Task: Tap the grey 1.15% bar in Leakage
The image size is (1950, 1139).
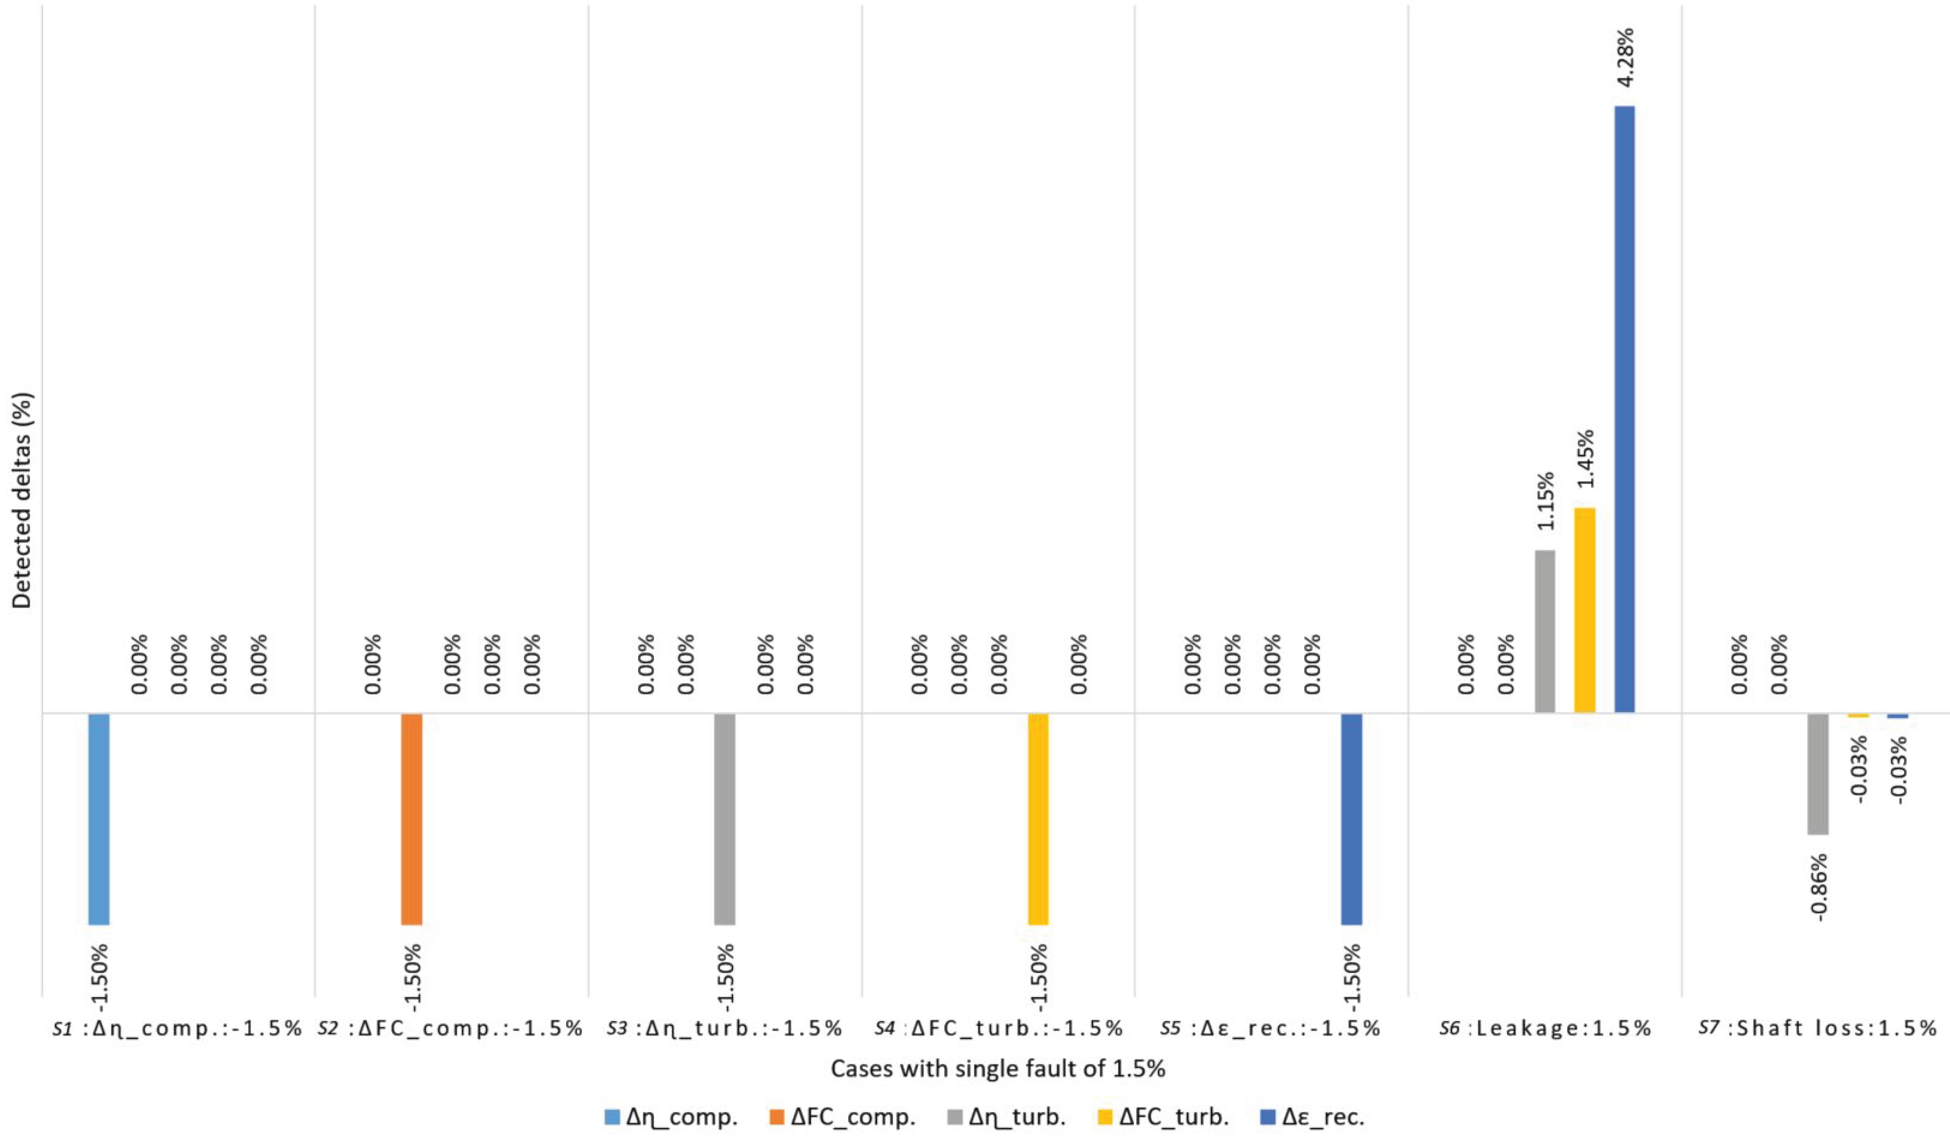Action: (x=1544, y=631)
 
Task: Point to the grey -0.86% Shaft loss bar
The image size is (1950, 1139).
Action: (x=1818, y=774)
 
